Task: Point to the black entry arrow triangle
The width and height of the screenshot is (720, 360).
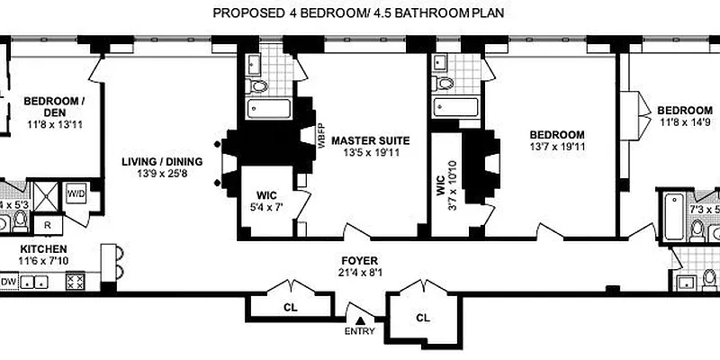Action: tap(361, 319)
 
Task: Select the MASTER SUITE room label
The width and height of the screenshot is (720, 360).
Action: tap(370, 140)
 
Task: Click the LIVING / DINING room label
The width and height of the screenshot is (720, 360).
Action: tap(163, 161)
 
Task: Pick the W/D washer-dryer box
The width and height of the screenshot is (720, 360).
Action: tap(76, 193)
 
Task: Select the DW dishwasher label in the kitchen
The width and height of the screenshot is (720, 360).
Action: tap(9, 282)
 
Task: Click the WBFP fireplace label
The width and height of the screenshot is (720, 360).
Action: tap(320, 135)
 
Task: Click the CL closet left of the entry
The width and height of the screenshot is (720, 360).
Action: tap(291, 308)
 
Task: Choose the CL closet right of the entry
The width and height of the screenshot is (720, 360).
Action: tap(422, 318)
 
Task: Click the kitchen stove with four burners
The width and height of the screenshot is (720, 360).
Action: tap(75, 282)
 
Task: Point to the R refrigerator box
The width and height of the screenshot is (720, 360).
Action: tap(48, 223)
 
